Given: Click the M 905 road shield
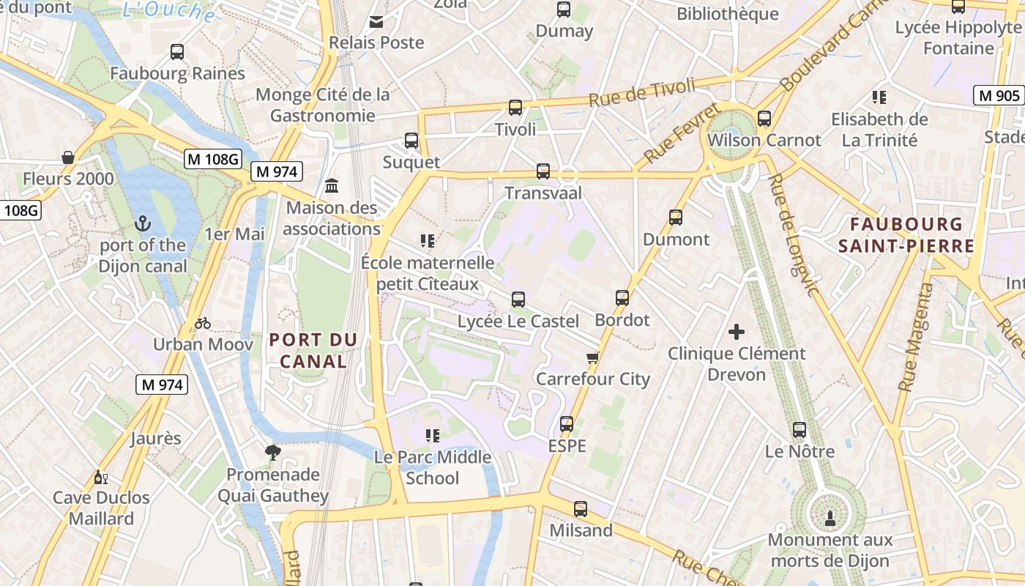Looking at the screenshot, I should pos(998,95).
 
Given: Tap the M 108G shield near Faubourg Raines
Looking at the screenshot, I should pos(212,159).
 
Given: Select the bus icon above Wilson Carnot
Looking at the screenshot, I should pos(764,118).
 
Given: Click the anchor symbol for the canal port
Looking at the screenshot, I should pos(143,223).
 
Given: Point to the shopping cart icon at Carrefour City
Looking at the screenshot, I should pos(593,357).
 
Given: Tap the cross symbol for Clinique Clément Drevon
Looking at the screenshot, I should pos(737,332).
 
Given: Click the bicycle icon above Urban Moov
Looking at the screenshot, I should pos(203,323).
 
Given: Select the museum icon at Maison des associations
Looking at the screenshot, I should pos(332,186).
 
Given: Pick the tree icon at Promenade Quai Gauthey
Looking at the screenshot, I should pos(273,453).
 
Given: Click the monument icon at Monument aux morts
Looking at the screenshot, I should pos(830,519).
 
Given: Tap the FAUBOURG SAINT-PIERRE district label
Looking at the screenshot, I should pos(906,234).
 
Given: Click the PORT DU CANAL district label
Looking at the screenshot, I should pos(313,350).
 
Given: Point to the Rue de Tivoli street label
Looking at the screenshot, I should pos(642,93).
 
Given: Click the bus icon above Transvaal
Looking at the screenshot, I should pos(543,171).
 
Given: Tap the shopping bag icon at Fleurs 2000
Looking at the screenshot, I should pos(68,157).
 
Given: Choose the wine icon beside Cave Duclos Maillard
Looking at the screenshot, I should pos(101,478).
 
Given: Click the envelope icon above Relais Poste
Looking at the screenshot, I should pos(376,22).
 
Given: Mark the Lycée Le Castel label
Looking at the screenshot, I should pos(518,321).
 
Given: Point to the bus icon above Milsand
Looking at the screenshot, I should pos(581,509).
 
